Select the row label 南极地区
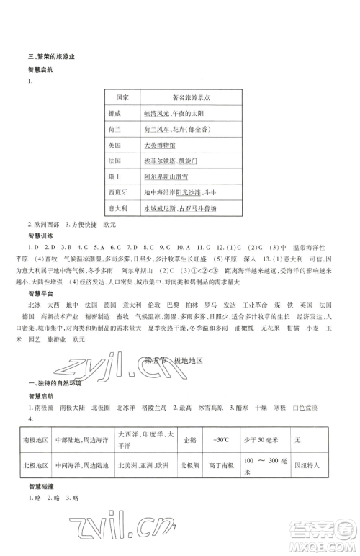[x=36, y=438]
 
